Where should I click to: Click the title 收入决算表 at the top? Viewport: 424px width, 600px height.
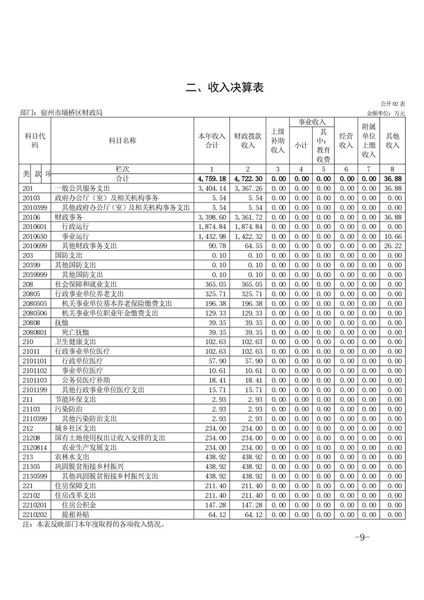click(x=225, y=88)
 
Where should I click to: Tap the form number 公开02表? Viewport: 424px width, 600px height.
click(x=393, y=103)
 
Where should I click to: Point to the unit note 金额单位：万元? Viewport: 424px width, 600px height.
click(x=386, y=113)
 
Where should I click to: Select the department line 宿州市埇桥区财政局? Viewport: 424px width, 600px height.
click(x=61, y=113)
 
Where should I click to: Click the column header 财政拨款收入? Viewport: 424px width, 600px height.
click(x=248, y=140)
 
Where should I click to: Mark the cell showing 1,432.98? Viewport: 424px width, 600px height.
click(x=212, y=236)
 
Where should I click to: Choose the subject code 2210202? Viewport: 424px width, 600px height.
click(x=34, y=514)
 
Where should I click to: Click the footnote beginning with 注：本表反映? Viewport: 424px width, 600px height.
click(x=92, y=525)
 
